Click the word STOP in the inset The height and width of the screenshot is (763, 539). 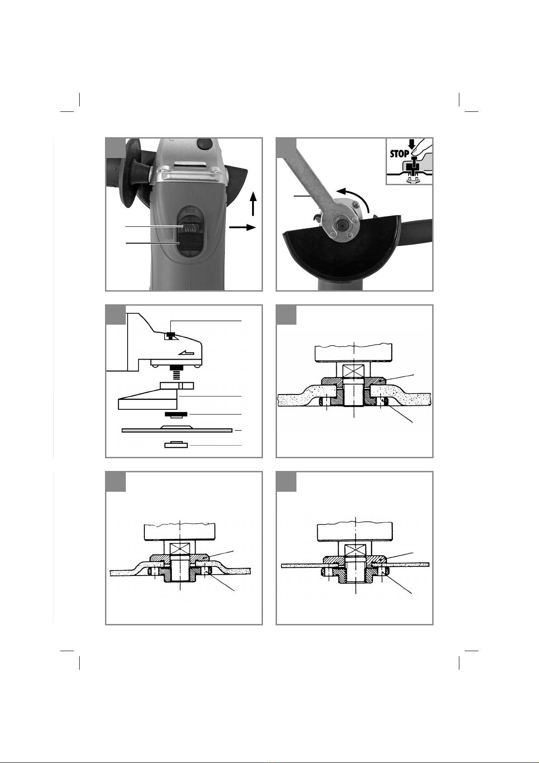point(400,154)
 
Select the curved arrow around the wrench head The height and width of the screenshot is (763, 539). point(355,197)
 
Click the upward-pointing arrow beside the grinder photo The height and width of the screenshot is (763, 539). point(253,203)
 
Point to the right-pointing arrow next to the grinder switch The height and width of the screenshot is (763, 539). point(242,227)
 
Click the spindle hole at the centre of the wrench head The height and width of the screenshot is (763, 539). point(340,226)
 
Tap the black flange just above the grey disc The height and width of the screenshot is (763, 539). point(176,414)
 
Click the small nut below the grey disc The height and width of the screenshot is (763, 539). point(176,445)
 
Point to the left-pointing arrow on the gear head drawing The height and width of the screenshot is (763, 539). point(186,353)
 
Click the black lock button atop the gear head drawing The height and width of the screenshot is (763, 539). point(171,335)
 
